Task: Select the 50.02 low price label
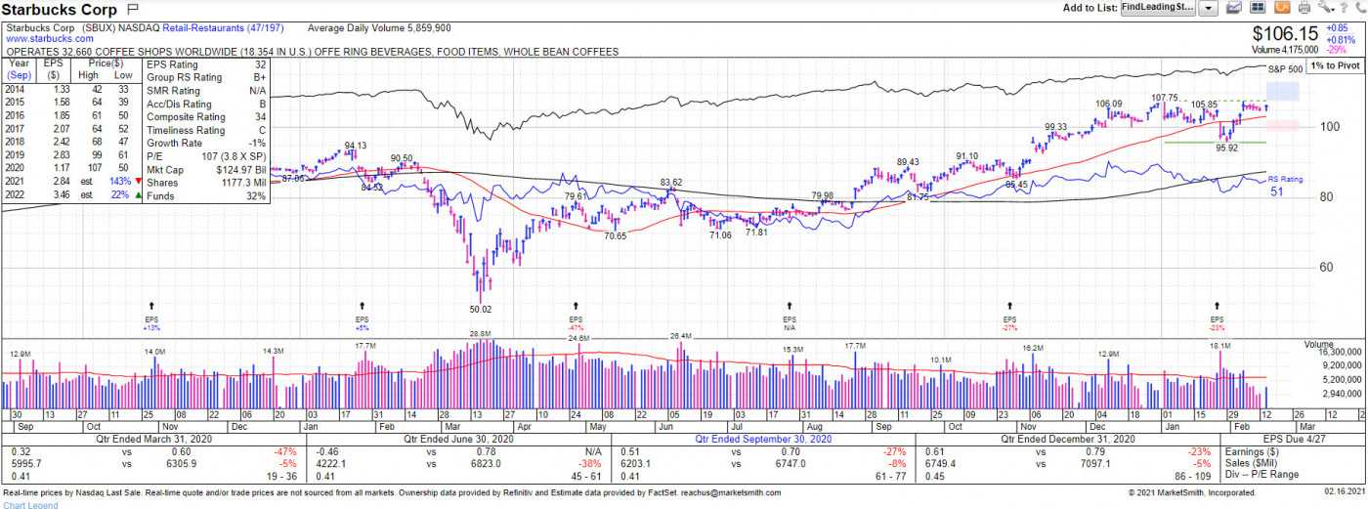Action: pos(482,309)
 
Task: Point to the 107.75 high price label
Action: pos(1164,98)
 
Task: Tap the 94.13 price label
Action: pos(355,146)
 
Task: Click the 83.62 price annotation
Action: pos(670,183)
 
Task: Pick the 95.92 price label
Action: pos(1226,148)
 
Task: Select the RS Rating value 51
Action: pos(1276,191)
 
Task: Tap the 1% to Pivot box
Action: pos(1335,64)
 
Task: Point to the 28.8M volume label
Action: pos(480,334)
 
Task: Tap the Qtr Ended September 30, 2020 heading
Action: pos(763,440)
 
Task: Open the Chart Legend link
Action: pos(30,504)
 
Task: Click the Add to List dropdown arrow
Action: pos(1208,8)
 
